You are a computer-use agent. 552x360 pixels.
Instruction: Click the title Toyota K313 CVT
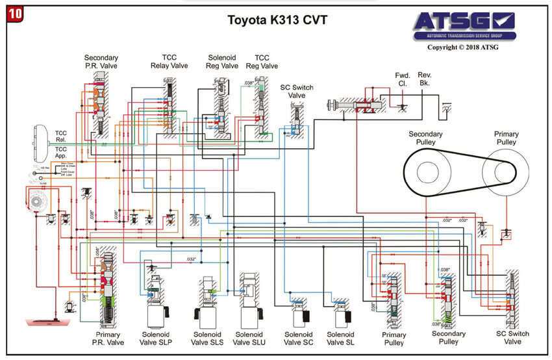(277, 20)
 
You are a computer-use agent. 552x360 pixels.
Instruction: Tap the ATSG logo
(464, 25)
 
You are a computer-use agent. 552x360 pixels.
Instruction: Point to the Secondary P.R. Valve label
(101, 62)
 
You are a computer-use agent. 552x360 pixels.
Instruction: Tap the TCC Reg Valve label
(266, 62)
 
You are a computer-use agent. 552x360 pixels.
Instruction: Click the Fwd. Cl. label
(403, 79)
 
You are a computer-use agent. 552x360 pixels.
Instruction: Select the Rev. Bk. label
(425, 79)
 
